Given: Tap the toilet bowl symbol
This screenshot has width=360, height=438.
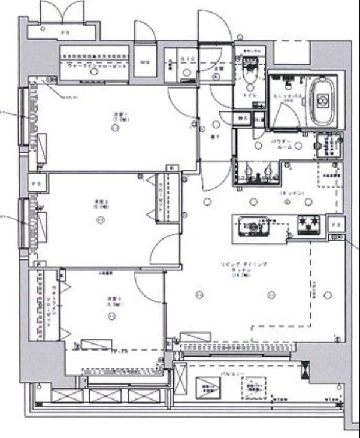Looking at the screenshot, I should (248, 76).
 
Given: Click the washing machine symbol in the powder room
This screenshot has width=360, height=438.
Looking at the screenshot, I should (326, 145).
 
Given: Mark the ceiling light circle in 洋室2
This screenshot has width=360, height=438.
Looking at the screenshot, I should (99, 220).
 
